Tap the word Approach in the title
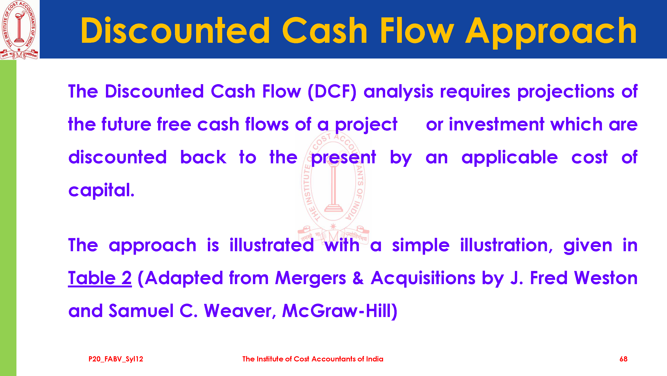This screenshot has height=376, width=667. click(551, 33)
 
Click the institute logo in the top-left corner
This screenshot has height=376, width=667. click(19, 30)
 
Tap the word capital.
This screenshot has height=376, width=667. click(101, 190)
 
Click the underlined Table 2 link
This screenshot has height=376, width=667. click(100, 278)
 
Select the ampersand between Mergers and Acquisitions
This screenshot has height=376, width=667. click(358, 278)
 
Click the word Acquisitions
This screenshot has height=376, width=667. click(423, 278)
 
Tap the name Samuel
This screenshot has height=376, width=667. click(141, 311)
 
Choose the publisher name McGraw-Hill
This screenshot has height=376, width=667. click(339, 311)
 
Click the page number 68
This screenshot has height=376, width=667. click(623, 359)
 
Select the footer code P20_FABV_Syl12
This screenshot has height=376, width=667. click(116, 359)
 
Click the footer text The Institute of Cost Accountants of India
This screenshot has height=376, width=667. click(313, 359)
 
